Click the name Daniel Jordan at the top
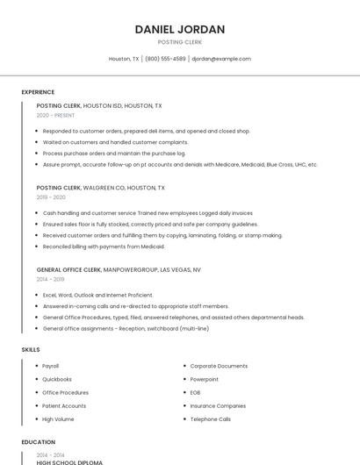coord(180,29)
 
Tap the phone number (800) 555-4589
coord(165,59)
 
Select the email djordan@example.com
coord(221,59)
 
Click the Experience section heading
coord(38,92)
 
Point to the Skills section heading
coord(31,350)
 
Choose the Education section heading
coord(38,442)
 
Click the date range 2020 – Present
coord(55,115)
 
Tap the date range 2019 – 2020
coord(51,197)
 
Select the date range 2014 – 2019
coord(51,279)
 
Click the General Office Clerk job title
coord(69,270)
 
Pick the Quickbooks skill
coord(57,379)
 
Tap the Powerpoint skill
coord(204,379)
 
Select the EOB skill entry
coord(195,392)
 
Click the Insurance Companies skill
coord(218,405)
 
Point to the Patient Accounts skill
coord(64,405)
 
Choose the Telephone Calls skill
coord(211,418)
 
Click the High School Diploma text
coord(69,462)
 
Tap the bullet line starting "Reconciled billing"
coord(104,247)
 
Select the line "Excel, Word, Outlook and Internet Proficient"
coord(97,295)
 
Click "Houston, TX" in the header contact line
coord(124,59)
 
